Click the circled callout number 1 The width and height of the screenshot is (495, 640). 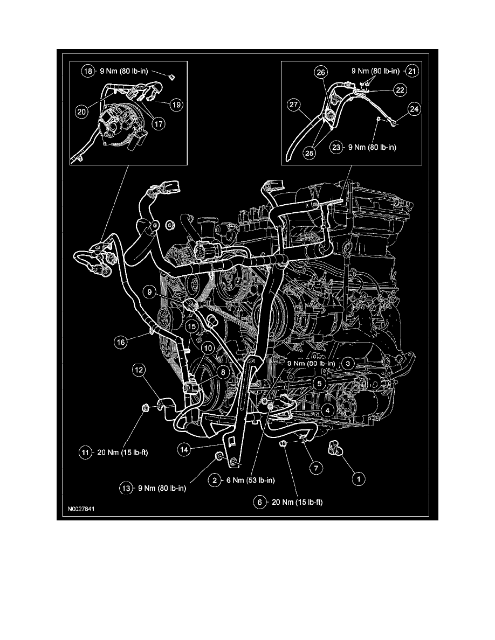[x=355, y=477]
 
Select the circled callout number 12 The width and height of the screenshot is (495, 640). [x=140, y=370]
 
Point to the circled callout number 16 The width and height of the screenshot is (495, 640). [x=121, y=341]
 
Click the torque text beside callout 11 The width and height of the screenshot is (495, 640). [x=119, y=453]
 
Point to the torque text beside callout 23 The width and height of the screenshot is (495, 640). [x=371, y=147]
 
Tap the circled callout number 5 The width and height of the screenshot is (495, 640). [x=320, y=383]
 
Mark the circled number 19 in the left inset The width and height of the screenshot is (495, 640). [x=176, y=106]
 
